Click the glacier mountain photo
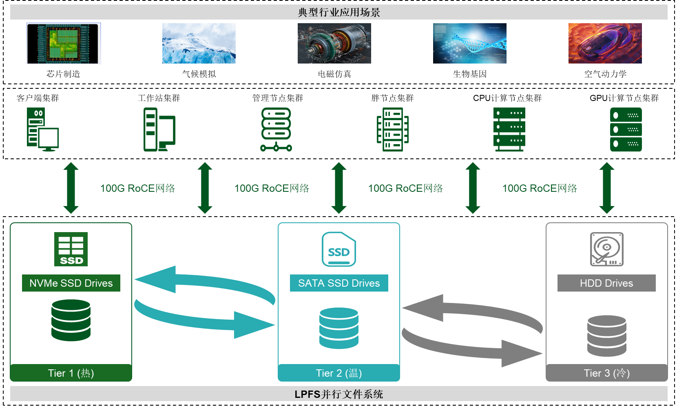199,43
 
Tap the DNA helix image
469,43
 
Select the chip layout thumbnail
64,43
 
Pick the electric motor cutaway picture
334,43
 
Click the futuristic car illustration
605,43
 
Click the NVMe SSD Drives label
71,283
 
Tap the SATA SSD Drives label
339,283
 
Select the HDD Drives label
606,283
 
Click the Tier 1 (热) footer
71,373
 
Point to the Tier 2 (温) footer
339,373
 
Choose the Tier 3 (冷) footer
606,373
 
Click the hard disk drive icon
606,249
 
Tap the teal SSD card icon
339,249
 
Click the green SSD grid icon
71,249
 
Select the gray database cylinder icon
606,336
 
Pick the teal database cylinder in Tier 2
339,328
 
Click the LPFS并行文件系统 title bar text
339,394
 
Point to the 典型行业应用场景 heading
339,12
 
